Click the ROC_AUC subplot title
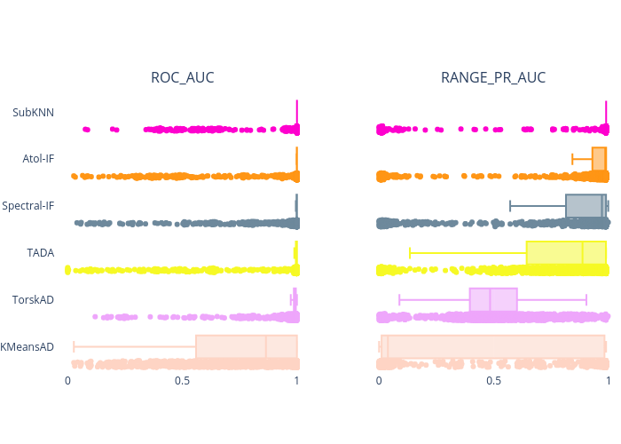pos(182,78)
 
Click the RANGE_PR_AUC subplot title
pos(493,78)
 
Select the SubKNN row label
pos(34,113)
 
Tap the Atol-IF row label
pos(38,159)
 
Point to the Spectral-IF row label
pos(28,206)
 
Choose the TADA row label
pos(41,253)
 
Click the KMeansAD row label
pos(28,346)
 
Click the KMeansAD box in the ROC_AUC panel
pos(246,345)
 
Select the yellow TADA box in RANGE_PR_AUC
pos(566,253)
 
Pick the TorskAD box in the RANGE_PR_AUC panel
pos(493,299)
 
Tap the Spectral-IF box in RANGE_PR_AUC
pos(586,206)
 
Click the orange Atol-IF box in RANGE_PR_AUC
pos(599,159)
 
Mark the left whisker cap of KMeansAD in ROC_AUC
pos(74,346)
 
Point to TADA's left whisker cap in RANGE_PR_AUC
pos(410,253)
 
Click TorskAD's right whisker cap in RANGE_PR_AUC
pos(586,299)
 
